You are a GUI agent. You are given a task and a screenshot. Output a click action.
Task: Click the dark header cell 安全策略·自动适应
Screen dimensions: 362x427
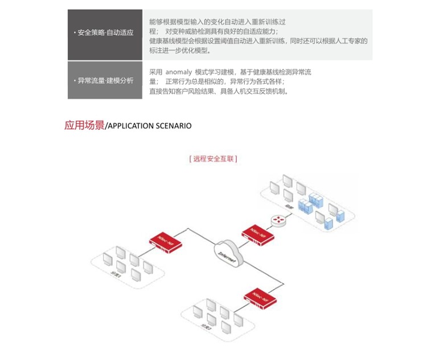click(x=105, y=33)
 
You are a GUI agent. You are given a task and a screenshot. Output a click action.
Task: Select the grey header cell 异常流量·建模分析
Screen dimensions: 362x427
click(x=105, y=80)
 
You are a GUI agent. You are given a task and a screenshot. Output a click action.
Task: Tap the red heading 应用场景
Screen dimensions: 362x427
click(x=84, y=125)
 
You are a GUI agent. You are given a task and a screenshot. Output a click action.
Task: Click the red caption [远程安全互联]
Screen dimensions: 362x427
click(x=213, y=159)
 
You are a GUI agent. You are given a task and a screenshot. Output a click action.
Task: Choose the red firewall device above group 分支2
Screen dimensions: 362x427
click(x=260, y=297)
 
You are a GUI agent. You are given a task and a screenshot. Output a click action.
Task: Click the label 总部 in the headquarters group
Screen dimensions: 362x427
click(x=289, y=207)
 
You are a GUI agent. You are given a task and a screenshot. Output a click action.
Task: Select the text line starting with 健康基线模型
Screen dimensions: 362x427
click(x=258, y=41)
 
